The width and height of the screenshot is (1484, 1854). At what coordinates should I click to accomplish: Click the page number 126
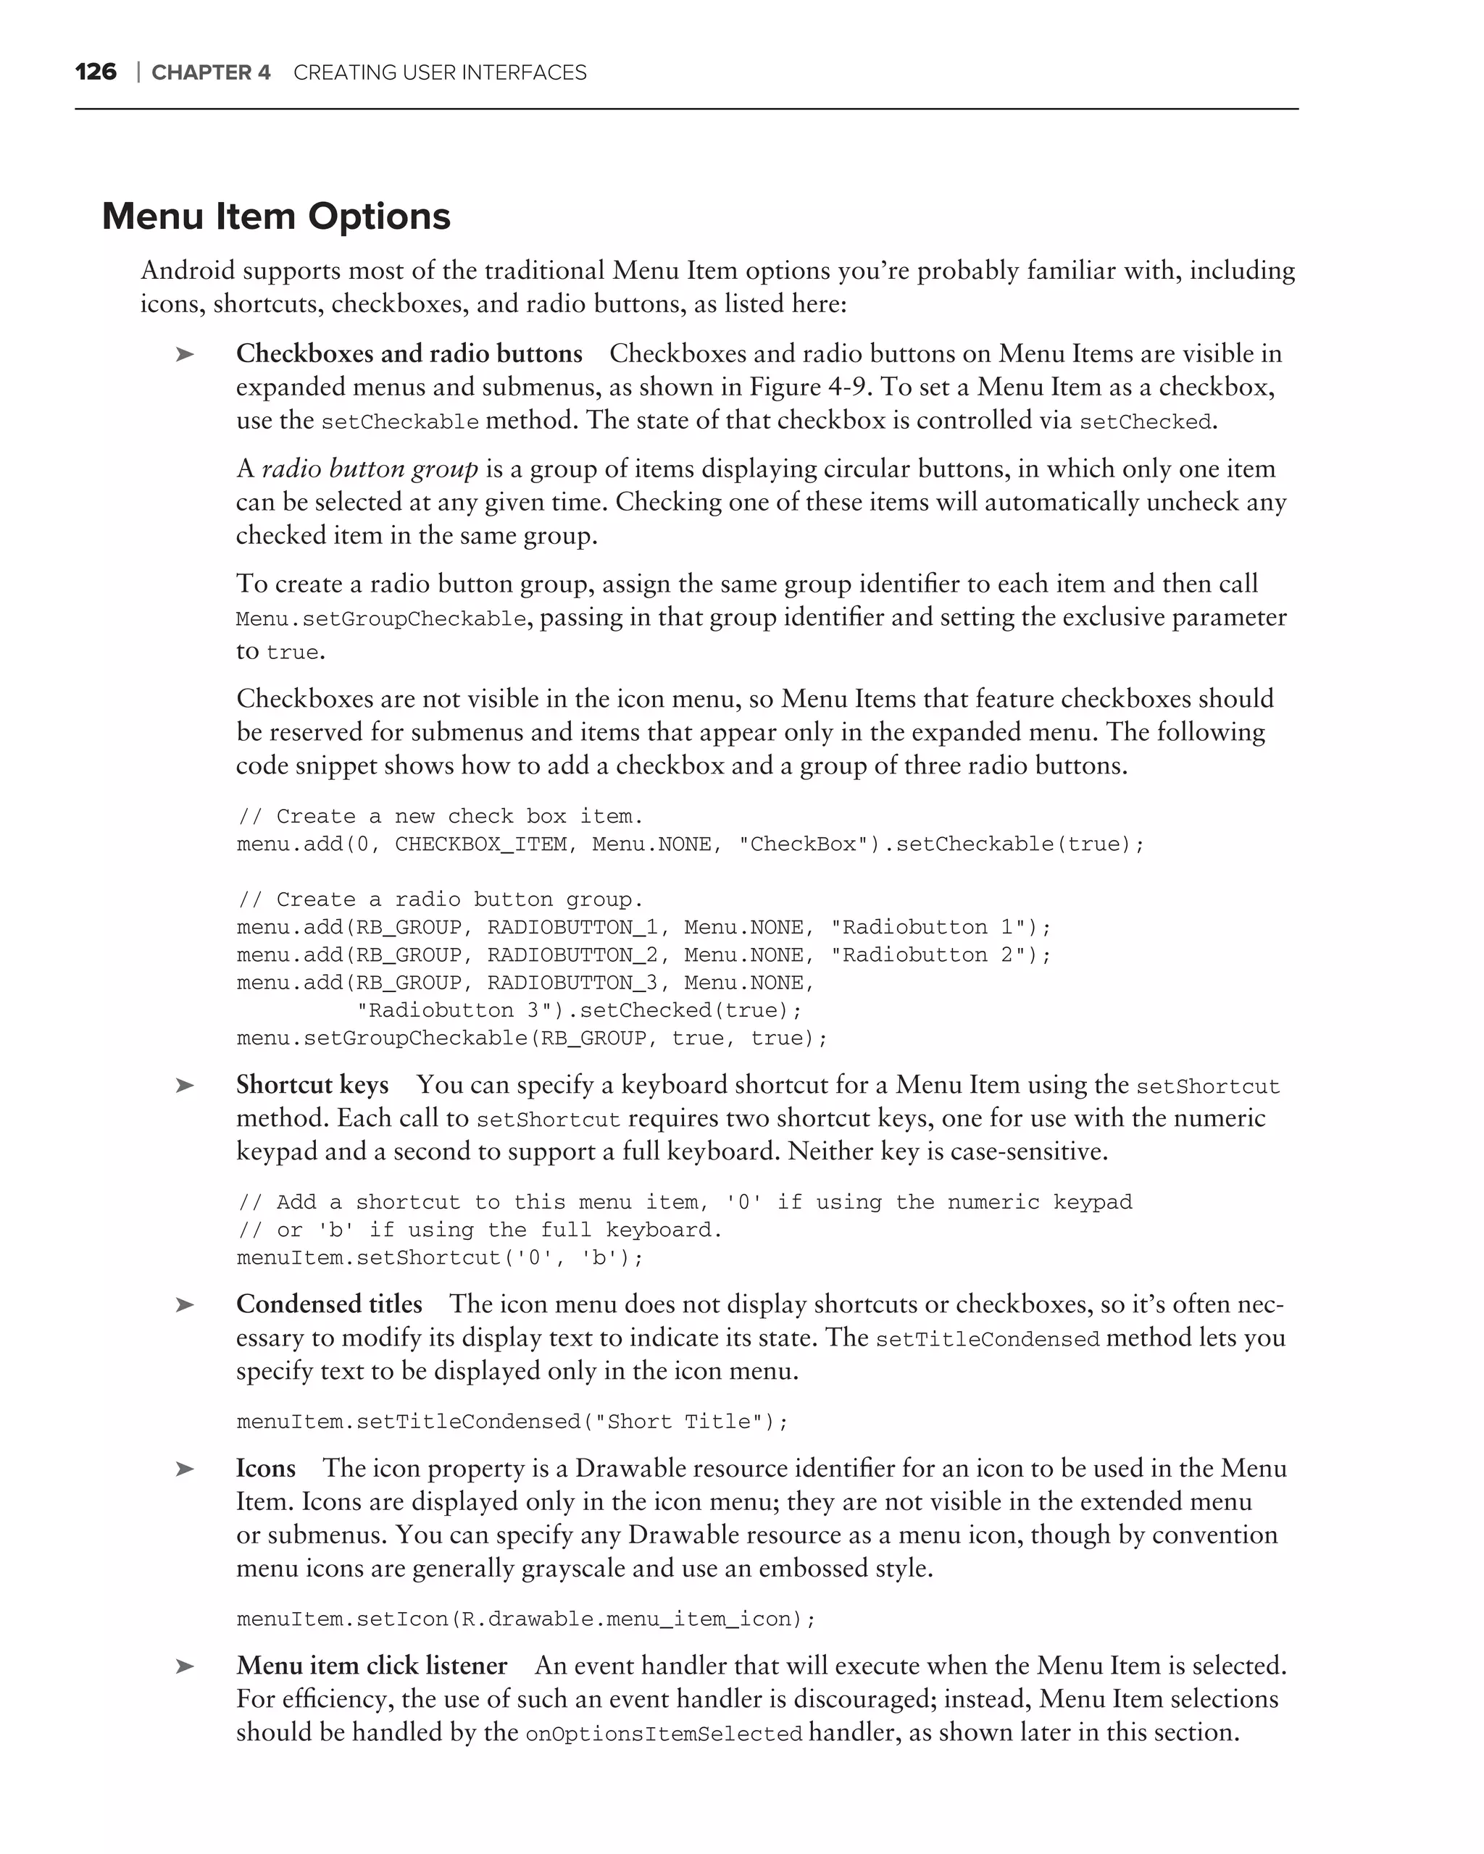[x=96, y=72]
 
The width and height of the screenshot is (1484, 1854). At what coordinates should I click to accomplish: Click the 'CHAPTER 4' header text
[x=211, y=73]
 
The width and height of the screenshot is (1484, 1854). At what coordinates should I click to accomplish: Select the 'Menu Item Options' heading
[x=276, y=216]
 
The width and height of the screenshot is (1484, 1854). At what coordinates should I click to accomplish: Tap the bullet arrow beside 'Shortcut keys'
[x=184, y=1086]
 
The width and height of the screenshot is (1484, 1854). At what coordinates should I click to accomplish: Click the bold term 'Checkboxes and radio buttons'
[x=409, y=354]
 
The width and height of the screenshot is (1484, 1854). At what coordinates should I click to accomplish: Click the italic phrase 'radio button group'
[x=370, y=469]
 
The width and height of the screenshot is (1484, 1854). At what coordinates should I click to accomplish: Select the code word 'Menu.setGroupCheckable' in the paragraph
[x=381, y=619]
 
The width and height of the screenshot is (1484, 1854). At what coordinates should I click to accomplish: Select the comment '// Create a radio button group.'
[x=440, y=899]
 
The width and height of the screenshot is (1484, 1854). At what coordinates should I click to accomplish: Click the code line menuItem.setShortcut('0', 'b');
[x=440, y=1258]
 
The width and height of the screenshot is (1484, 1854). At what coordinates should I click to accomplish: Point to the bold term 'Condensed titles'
[x=330, y=1304]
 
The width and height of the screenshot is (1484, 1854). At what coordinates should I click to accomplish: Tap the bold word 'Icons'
[x=266, y=1469]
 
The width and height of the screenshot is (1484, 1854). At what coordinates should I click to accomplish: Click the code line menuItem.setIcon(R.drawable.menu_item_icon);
[x=525, y=1619]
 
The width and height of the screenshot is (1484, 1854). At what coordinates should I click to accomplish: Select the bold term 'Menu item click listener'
[x=372, y=1666]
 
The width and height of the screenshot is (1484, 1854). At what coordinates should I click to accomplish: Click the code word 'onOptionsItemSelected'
[x=663, y=1735]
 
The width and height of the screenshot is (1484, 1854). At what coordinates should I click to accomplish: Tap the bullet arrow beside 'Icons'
[x=184, y=1469]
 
